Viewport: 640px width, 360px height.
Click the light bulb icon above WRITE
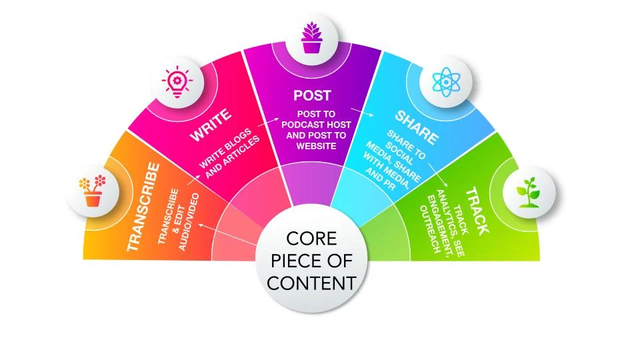click(x=177, y=82)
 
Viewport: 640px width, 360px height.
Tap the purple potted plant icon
click(x=312, y=37)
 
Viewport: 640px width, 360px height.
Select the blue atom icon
click(x=446, y=81)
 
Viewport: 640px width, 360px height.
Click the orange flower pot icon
click(x=93, y=191)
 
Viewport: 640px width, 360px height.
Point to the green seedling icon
click(x=528, y=192)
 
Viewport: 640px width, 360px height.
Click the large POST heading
click(x=312, y=95)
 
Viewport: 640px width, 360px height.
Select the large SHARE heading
click(x=416, y=127)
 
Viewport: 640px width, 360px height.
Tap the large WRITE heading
click(x=211, y=125)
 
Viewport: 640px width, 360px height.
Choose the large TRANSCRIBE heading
click(x=143, y=207)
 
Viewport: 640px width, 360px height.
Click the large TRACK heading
click(x=477, y=211)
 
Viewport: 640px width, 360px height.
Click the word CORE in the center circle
click(x=311, y=239)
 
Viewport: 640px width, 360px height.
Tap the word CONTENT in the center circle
click(x=311, y=283)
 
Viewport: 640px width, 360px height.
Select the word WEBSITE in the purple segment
click(x=316, y=146)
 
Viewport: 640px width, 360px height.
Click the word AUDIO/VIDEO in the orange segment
click(x=189, y=221)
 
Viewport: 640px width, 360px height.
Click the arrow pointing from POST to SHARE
click(x=361, y=112)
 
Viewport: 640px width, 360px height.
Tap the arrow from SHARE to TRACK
click(x=438, y=175)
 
